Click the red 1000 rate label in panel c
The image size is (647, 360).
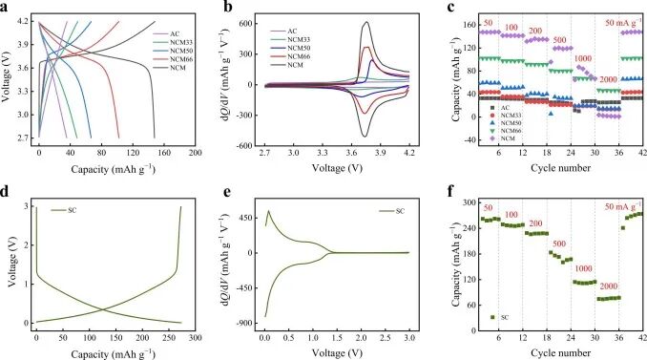[x=582, y=58]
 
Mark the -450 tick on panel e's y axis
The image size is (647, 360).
[x=244, y=286]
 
